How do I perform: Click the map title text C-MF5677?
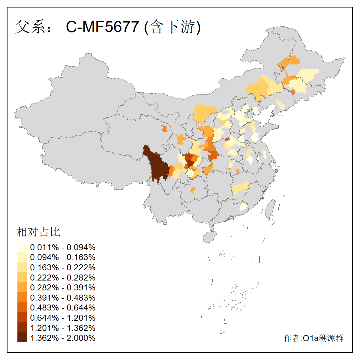click(102, 27)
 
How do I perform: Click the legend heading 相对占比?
click(38, 232)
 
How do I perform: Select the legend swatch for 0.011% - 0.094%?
click(22, 247)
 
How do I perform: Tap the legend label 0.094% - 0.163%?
click(63, 257)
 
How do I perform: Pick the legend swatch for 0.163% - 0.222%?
click(22, 267)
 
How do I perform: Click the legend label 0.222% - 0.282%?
click(63, 277)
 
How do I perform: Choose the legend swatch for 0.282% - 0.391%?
click(22, 287)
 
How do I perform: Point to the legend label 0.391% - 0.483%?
click(63, 298)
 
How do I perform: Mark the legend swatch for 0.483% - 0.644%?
click(22, 307)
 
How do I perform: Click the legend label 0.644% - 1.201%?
click(63, 318)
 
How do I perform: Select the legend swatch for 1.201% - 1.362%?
click(22, 328)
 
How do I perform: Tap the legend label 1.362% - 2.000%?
click(63, 338)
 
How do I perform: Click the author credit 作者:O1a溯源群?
click(313, 338)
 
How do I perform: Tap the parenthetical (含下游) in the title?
click(172, 27)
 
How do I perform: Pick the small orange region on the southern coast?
click(228, 218)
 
